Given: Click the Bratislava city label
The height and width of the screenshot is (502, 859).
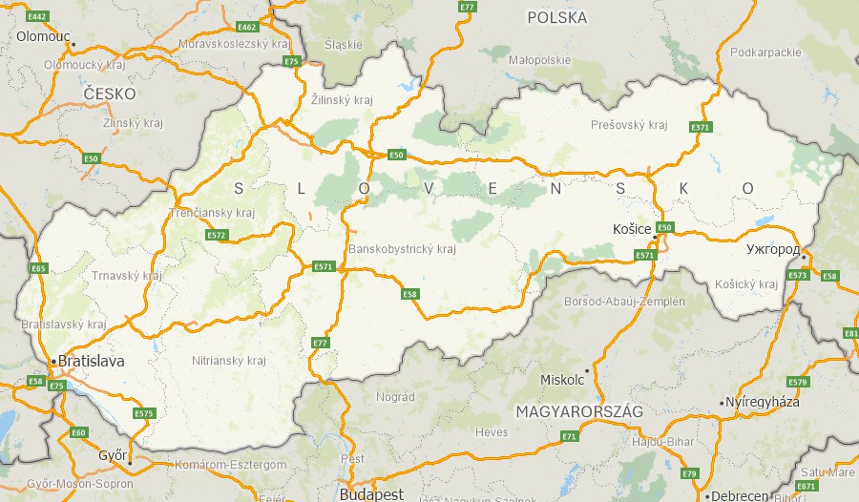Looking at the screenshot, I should pos(91,362).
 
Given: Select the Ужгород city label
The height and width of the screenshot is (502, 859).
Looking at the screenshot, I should pos(772,249).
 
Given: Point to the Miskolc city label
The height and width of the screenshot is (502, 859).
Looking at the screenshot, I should pos(561,380).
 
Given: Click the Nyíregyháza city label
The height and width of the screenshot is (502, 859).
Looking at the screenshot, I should pos(763,402).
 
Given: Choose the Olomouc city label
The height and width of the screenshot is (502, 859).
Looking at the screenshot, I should pos(43,36).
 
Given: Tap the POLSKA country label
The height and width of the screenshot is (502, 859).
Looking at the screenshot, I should pos(556,17).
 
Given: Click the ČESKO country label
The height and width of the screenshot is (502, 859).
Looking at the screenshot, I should pos(109,94).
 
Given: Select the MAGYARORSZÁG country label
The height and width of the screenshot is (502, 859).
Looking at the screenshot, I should pos(578,411).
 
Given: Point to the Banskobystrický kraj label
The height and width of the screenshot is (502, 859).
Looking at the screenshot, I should pos(402,250).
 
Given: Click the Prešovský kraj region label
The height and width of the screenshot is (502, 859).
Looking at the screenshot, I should pos(628,125).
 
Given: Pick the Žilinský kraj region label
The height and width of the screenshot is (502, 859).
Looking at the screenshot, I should pos(342,99).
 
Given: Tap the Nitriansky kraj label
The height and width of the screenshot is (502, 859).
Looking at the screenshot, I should pos(228,361).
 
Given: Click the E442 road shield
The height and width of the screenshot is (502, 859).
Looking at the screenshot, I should pos(38,17).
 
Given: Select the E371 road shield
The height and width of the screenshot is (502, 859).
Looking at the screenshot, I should pos(701,127).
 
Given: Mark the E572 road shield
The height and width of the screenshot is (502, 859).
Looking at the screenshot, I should pos(217,235).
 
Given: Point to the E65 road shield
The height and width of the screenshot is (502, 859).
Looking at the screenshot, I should pos(38,268).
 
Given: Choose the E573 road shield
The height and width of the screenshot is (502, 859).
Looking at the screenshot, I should pos(798,276).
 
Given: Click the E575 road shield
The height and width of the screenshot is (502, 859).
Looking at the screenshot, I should pos(143,413).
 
